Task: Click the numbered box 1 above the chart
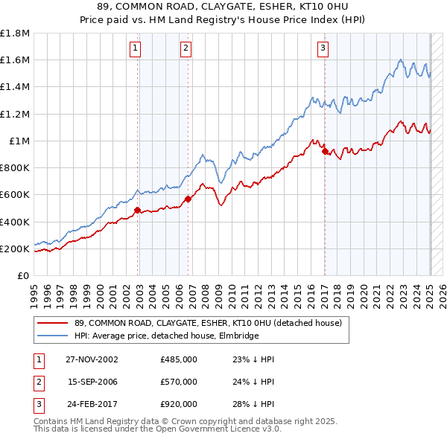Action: point(135,49)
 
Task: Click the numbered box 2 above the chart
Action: point(185,49)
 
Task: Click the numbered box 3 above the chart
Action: point(323,49)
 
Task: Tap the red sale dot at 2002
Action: point(138,211)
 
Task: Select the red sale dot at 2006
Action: point(188,199)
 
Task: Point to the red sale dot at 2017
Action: point(325,152)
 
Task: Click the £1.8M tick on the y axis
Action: point(15,34)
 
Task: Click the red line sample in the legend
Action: point(52,323)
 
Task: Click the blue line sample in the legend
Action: point(52,336)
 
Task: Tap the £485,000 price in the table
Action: point(179,359)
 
